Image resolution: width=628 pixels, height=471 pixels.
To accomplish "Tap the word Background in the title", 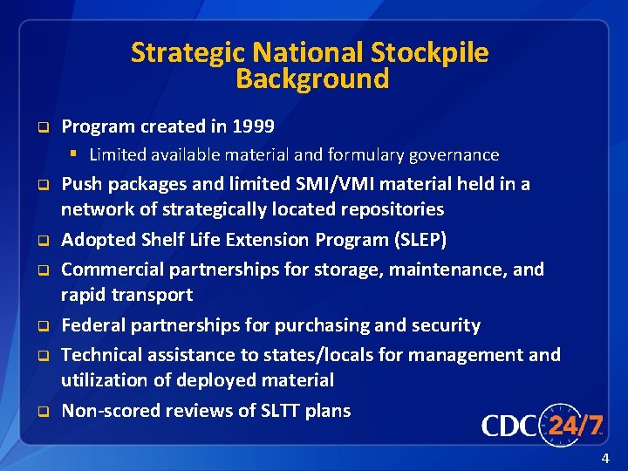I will [312, 79].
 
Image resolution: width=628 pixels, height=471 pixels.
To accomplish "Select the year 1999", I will [254, 126].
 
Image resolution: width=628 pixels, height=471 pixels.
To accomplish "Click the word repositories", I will [391, 209].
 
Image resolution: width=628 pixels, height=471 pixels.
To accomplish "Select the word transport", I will [152, 295].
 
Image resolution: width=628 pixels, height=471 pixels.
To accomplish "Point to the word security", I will [440, 325].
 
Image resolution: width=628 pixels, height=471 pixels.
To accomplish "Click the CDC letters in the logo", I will [509, 427].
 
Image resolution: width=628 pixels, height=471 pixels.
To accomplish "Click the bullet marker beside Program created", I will [40, 127].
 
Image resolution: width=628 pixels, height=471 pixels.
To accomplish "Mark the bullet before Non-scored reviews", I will [40, 412].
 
